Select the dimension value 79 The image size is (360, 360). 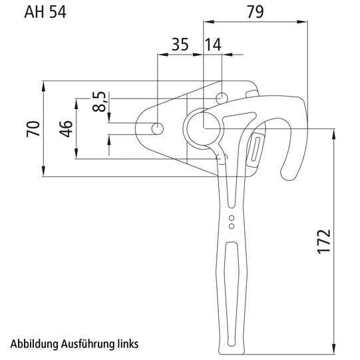(x=255, y=11)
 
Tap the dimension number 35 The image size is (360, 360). (x=179, y=45)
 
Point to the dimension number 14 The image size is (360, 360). (x=213, y=45)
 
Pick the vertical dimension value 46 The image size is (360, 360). (x=65, y=129)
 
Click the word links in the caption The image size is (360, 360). (x=124, y=344)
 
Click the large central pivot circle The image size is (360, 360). (x=202, y=128)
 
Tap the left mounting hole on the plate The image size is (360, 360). (x=158, y=128)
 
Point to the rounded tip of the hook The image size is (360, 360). (x=291, y=174)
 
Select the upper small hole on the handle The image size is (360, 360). (x=231, y=218)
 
